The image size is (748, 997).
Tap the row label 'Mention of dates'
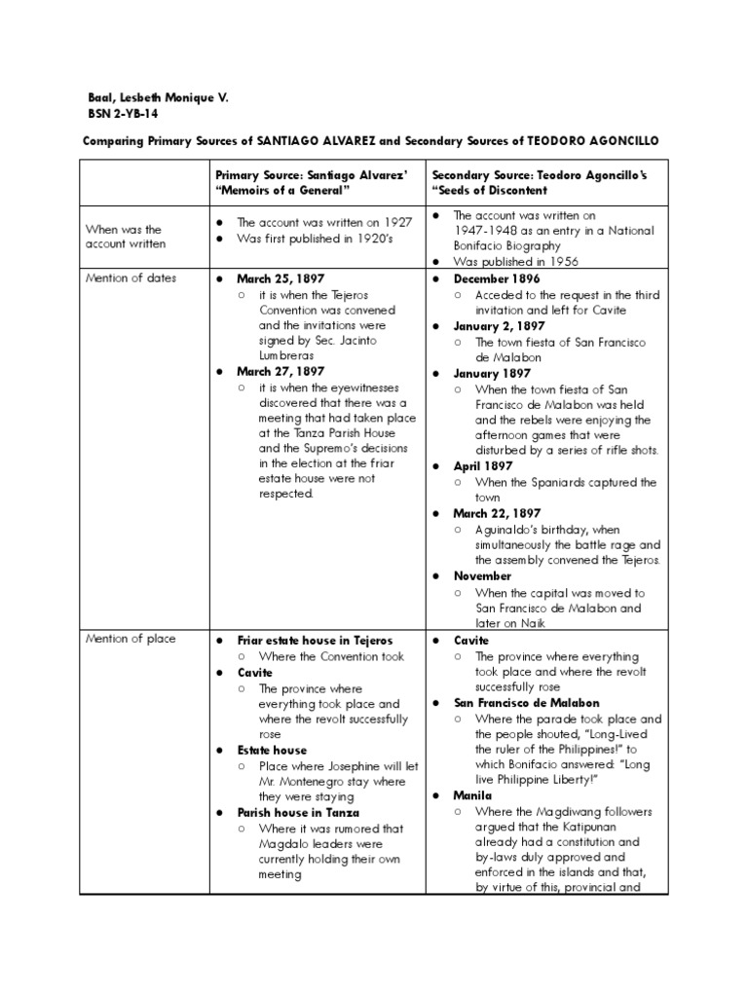[x=131, y=277]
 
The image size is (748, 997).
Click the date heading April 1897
[x=482, y=466]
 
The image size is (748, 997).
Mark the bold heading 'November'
[x=483, y=575]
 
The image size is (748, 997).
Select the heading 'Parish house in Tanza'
[x=298, y=812]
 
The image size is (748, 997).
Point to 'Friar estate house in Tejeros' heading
[x=315, y=640]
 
